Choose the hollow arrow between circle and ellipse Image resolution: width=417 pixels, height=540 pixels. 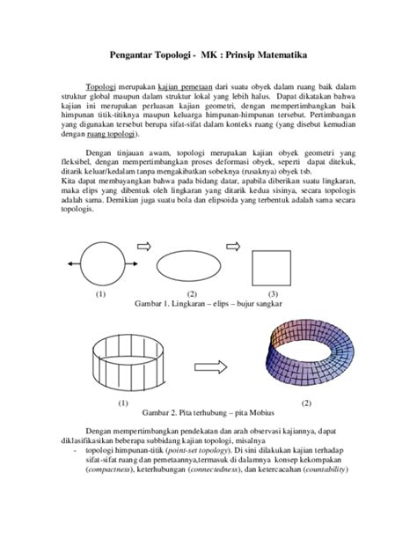(146, 246)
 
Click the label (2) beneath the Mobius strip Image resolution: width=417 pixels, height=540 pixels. (306, 403)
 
